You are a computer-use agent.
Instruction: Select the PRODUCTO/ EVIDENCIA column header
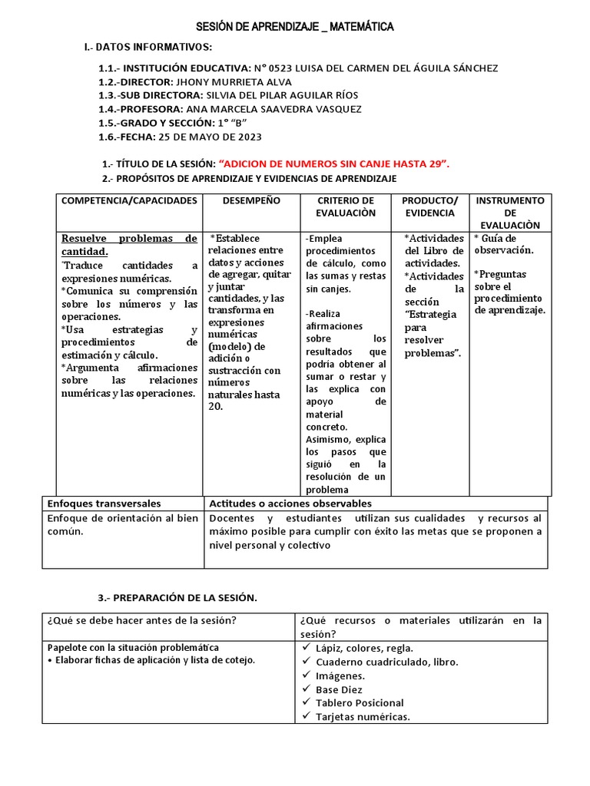429,206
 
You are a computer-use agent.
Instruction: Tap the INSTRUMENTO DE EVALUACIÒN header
510,213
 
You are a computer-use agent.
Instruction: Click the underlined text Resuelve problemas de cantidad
129,245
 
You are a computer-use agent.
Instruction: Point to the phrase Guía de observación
508,244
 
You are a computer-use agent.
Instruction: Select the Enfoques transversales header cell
104,504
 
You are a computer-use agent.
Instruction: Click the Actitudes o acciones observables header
290,504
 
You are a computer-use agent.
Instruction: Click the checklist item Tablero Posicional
359,702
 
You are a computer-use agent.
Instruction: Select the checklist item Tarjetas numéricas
363,716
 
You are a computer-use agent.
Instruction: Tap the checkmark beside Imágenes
306,675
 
